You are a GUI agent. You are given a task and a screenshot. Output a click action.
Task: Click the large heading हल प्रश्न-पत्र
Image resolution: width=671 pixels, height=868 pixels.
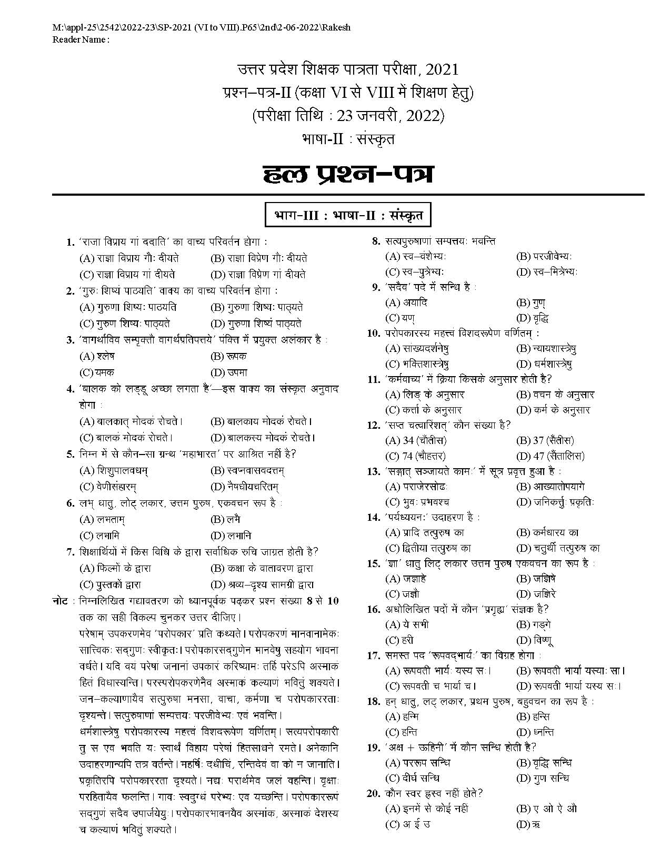click(348, 174)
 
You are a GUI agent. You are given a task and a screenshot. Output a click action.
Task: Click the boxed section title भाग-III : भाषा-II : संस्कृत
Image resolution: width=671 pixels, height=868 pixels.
click(348, 216)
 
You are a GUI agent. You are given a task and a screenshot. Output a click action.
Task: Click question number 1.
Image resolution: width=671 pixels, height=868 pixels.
click(70, 242)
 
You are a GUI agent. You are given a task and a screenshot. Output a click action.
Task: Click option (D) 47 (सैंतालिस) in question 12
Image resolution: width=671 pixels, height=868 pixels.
click(550, 456)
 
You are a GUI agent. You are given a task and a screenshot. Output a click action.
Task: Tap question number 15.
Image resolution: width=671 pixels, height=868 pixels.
click(373, 563)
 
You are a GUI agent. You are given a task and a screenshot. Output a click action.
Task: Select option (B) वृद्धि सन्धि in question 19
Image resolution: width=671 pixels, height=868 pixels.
click(544, 763)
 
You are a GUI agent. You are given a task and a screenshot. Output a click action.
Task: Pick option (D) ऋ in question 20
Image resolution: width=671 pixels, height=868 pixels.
click(528, 824)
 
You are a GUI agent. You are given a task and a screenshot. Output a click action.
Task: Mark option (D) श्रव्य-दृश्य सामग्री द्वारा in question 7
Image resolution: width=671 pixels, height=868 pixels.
click(262, 584)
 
